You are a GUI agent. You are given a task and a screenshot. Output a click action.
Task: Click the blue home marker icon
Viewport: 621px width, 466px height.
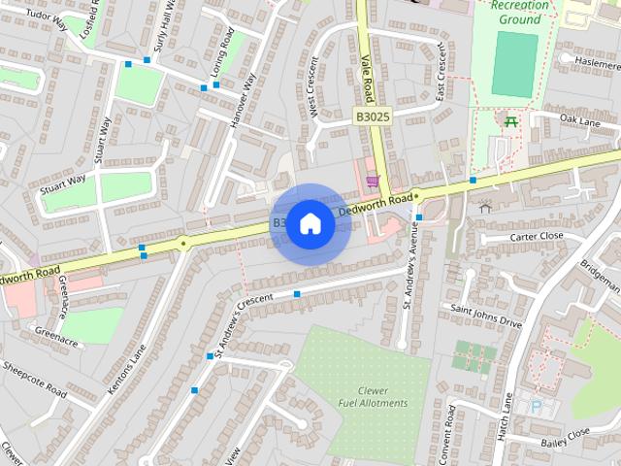tap(310, 224)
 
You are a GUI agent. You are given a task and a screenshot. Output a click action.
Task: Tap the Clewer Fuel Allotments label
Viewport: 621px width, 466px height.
tap(366, 396)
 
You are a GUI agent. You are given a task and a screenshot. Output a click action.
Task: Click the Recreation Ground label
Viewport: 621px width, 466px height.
tap(519, 12)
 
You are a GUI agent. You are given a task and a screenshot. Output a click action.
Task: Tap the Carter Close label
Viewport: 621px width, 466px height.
tap(536, 236)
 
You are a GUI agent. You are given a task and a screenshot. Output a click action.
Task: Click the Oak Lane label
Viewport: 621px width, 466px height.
tap(580, 119)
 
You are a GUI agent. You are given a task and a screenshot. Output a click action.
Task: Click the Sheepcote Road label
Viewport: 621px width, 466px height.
tap(35, 380)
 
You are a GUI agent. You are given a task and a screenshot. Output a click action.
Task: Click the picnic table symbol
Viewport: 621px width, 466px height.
tap(509, 120)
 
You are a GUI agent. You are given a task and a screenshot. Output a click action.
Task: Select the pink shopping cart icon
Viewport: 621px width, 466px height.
tap(372, 182)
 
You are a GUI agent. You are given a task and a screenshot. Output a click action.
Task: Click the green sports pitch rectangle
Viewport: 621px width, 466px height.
tap(513, 65)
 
